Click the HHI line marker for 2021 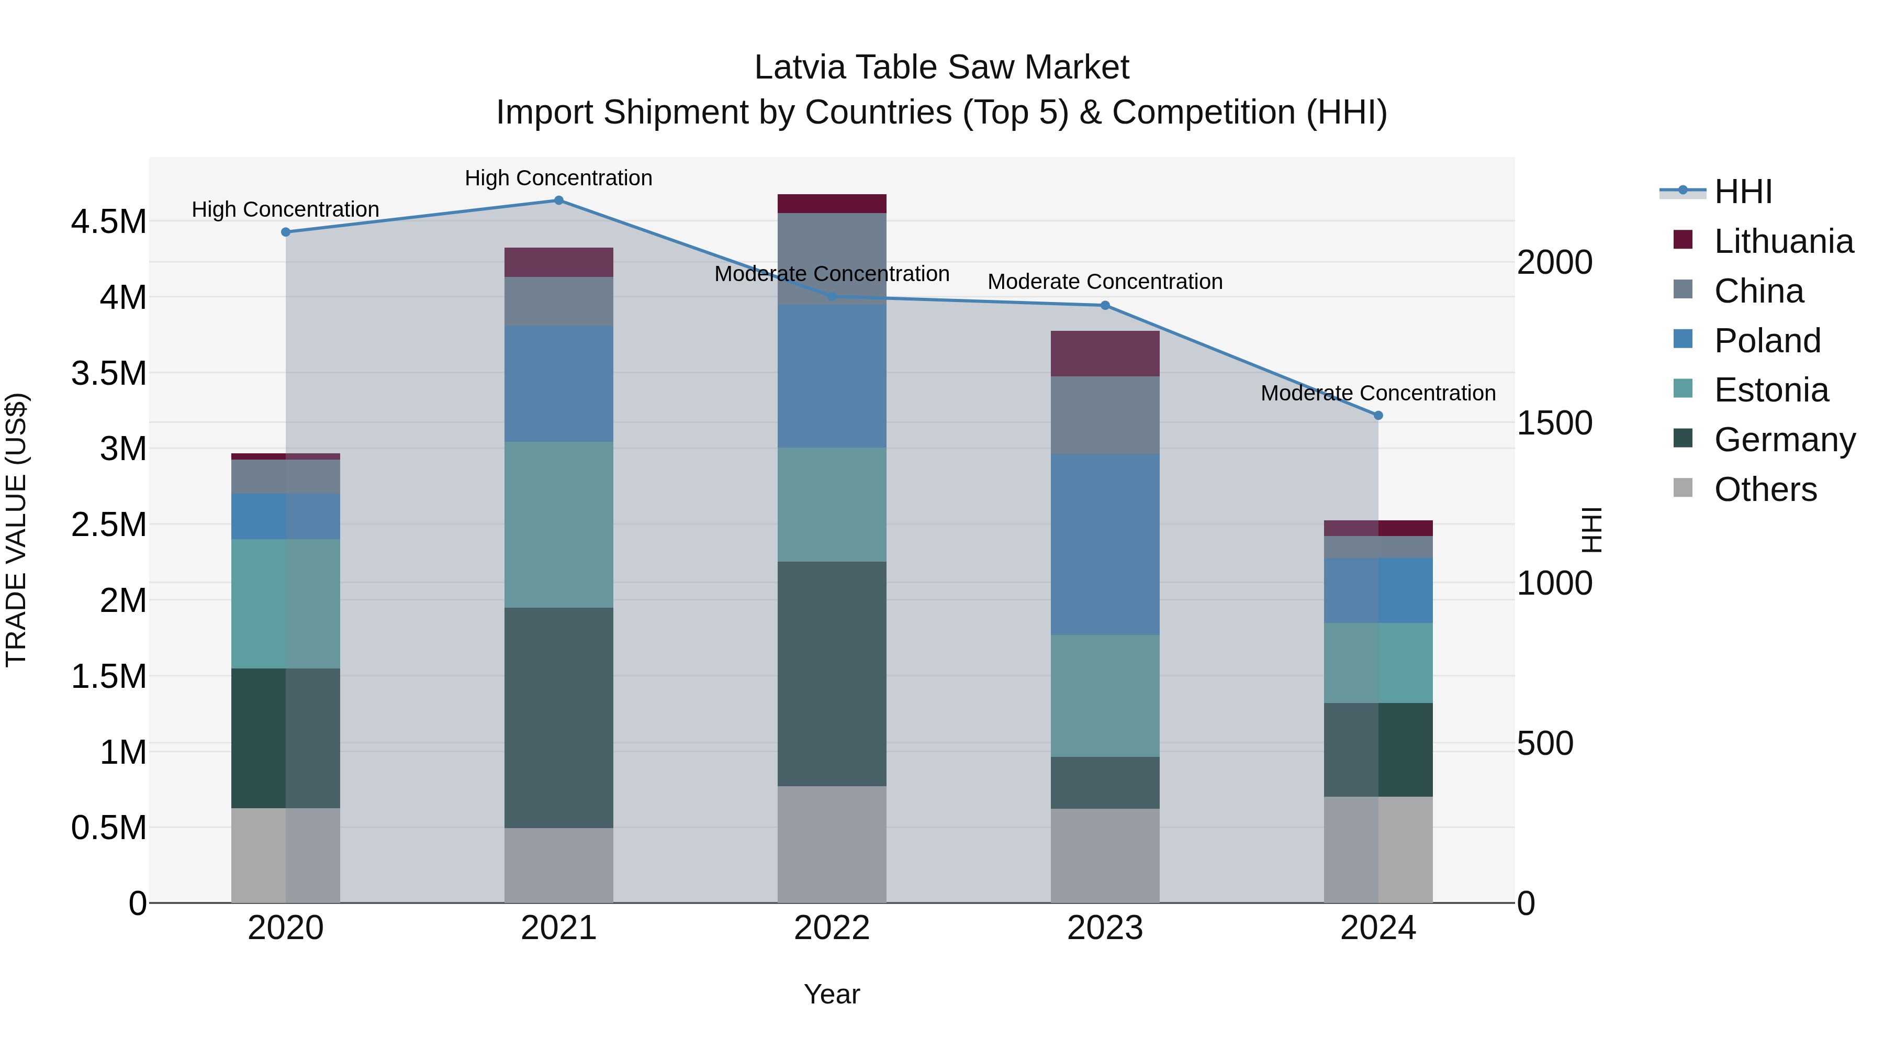[x=559, y=200]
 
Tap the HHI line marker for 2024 [x=1378, y=416]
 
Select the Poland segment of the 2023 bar [x=1105, y=544]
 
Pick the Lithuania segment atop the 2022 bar [x=832, y=204]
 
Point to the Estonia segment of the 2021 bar [x=559, y=525]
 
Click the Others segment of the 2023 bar [x=1105, y=855]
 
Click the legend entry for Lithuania [x=1783, y=241]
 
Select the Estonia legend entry [x=1770, y=390]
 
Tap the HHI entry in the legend [x=1743, y=192]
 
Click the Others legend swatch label [x=1765, y=489]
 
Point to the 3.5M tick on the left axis [x=108, y=373]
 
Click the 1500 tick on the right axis [x=1554, y=423]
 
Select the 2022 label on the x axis [x=832, y=928]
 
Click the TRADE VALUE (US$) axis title [x=16, y=530]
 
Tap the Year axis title [x=832, y=994]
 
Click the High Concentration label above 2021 [x=559, y=178]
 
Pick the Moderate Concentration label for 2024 [x=1378, y=393]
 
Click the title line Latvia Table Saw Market [x=941, y=68]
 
